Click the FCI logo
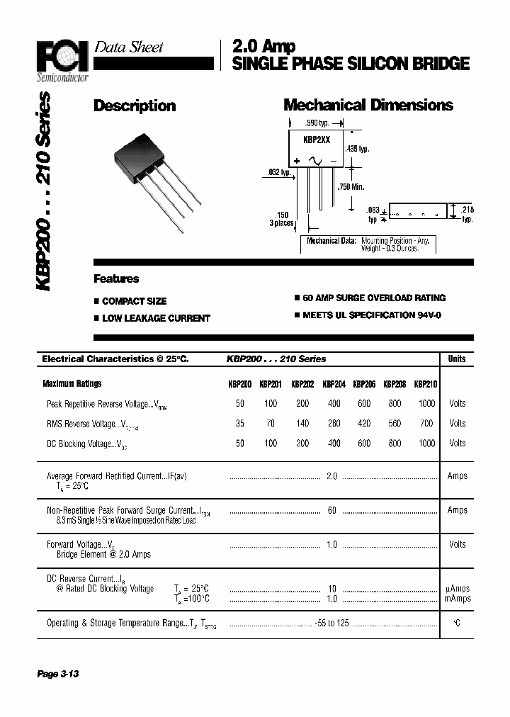coord(63,56)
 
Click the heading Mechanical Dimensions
coord(368,106)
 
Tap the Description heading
coord(135,106)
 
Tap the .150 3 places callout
coord(283,219)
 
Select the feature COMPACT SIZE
coord(134,301)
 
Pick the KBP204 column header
coord(334,385)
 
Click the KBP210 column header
coord(426,385)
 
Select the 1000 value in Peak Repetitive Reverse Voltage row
coord(426,403)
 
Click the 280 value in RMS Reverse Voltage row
coord(334,423)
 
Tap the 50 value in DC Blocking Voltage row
coord(240,443)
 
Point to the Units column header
coord(457,359)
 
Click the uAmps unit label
coord(458,589)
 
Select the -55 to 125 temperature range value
coord(333,623)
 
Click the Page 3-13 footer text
coord(57,674)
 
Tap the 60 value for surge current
coord(332,510)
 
